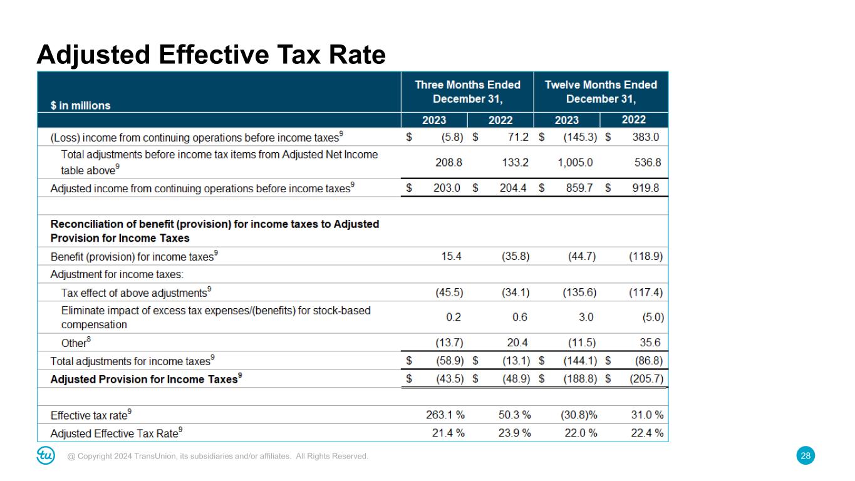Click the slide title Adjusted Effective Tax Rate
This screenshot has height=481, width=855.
click(x=211, y=56)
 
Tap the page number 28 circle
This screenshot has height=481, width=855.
click(x=806, y=456)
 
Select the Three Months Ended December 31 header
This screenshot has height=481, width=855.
click(x=467, y=92)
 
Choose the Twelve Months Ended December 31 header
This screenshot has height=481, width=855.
click(x=601, y=92)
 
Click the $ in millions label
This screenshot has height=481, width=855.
click(x=80, y=105)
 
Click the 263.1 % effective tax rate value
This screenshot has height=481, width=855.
click(x=444, y=415)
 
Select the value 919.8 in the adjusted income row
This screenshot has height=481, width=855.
click(x=645, y=187)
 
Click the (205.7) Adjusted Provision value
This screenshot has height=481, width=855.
click(x=646, y=379)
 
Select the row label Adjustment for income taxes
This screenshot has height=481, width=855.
click(x=117, y=274)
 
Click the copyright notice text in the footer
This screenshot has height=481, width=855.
click(x=218, y=457)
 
